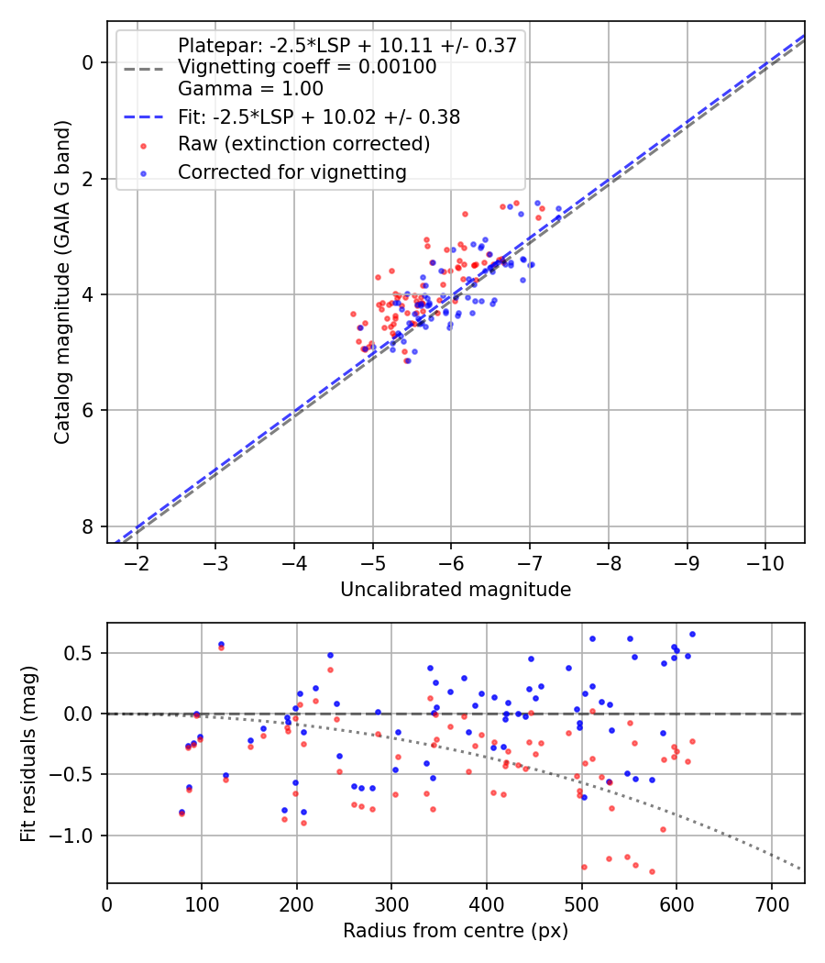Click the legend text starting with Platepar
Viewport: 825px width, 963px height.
tap(346, 45)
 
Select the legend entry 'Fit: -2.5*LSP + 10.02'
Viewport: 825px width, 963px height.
tap(319, 117)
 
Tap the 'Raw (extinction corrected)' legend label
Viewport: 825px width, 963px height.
tap(304, 144)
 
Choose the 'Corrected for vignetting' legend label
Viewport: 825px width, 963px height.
tap(291, 172)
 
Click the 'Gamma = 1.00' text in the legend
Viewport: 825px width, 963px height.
tap(250, 90)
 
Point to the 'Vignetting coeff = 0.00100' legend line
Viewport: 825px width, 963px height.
tap(307, 67)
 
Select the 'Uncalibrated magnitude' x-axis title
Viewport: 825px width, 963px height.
tap(456, 590)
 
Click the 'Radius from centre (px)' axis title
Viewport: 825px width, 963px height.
tap(456, 931)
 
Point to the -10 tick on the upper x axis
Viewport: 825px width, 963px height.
tap(765, 562)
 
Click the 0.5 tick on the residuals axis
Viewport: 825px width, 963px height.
tap(82, 653)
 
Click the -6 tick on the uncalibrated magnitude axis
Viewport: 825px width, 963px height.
tap(451, 562)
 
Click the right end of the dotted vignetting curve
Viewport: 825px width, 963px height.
tap(800, 869)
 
